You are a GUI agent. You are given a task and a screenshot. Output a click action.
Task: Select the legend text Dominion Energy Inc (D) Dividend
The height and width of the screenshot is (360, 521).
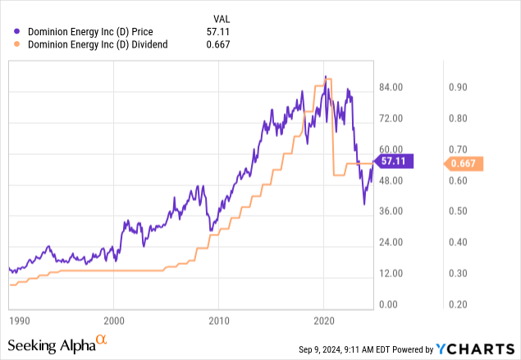(x=98, y=45)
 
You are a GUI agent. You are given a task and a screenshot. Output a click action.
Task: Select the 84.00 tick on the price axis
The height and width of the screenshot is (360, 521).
(x=391, y=87)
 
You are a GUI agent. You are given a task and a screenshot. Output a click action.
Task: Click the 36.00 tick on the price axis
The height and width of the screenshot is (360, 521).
(x=391, y=211)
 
